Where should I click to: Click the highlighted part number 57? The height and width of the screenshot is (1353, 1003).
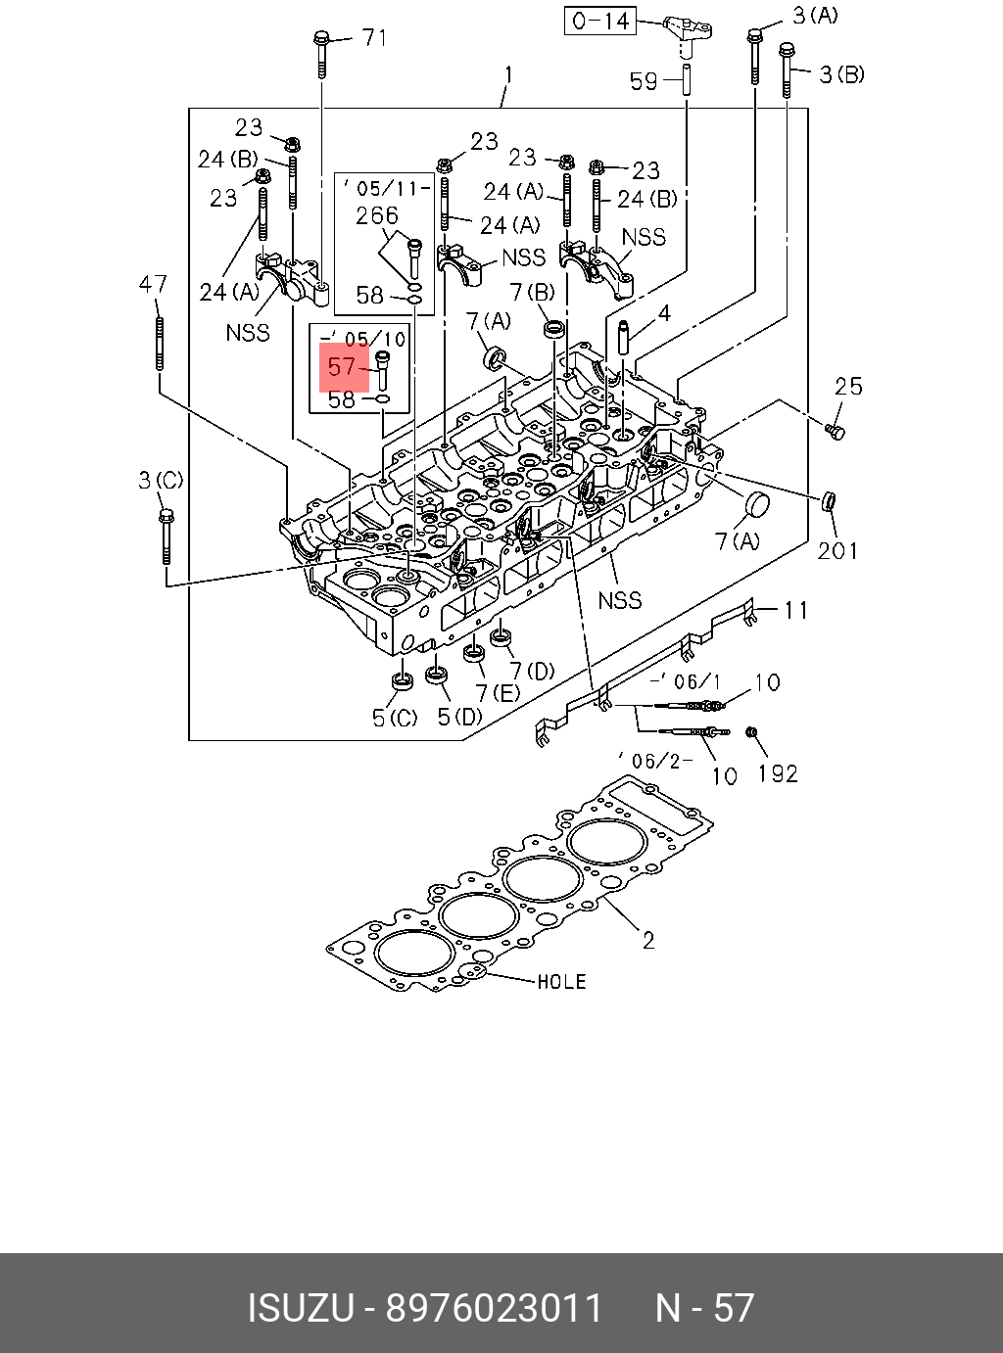tap(343, 367)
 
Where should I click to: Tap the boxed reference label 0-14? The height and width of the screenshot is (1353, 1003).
tap(599, 21)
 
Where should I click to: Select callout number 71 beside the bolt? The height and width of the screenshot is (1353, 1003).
tap(375, 38)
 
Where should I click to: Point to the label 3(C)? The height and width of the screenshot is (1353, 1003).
tap(161, 480)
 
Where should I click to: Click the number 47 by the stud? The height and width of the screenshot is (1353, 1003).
tap(153, 284)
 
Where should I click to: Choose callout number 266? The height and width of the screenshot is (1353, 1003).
tap(377, 215)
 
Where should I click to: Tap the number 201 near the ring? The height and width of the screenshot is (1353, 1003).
tap(837, 550)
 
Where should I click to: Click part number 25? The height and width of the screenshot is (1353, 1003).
tap(848, 386)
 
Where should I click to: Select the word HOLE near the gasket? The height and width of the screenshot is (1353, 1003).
tap(561, 981)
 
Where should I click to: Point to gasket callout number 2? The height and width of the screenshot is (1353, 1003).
tap(648, 940)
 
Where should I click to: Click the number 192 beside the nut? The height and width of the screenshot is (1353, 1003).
tap(778, 773)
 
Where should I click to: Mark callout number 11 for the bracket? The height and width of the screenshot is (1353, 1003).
tap(795, 610)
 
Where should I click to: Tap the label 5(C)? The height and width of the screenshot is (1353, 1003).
tap(395, 718)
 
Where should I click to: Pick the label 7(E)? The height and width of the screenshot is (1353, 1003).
tap(497, 693)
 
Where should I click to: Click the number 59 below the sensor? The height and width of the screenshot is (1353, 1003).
tap(644, 81)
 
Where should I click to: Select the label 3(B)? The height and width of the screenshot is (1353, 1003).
tap(841, 74)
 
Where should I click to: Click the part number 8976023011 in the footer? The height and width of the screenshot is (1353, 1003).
tap(495, 1308)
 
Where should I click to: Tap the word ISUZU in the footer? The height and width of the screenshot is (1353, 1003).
tap(299, 1308)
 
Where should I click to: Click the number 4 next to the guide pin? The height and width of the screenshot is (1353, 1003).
tap(664, 313)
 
